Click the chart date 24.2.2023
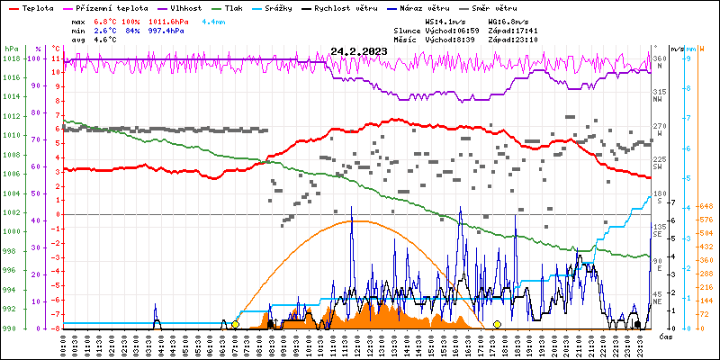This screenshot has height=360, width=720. [x=358, y=51]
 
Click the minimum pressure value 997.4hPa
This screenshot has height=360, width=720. [x=166, y=30]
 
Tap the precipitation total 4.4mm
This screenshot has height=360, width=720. [x=214, y=21]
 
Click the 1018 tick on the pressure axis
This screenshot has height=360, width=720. [x=11, y=58]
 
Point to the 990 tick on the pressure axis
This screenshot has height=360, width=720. [x=11, y=328]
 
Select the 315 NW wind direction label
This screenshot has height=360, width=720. [x=660, y=94]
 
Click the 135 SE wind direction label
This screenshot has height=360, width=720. [x=660, y=229]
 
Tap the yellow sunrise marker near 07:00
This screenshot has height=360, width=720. [x=235, y=324]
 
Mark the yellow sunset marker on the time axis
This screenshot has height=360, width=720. [x=497, y=324]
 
